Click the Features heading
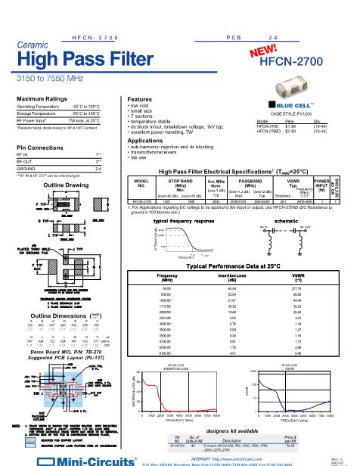[141, 100]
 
